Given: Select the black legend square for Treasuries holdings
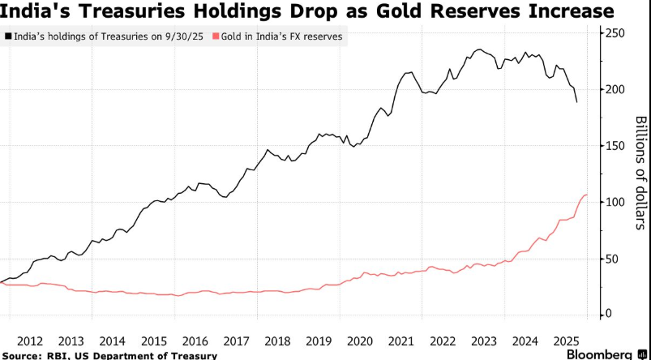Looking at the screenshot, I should point(7,36).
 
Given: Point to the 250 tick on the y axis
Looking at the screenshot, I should point(615,32).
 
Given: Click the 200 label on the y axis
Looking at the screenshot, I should point(615,89).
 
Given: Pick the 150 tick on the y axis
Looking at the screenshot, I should point(615,145).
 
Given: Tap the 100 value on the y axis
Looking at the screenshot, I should point(615,202).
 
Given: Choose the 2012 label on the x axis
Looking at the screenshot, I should point(30,341).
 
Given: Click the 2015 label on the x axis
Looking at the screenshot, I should point(154,341).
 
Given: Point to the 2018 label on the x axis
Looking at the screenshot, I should point(278,341).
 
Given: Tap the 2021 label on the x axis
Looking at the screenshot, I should point(402,341).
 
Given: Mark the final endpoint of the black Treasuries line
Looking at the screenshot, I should point(576,102).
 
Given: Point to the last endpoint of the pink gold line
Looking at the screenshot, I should point(587,195).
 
